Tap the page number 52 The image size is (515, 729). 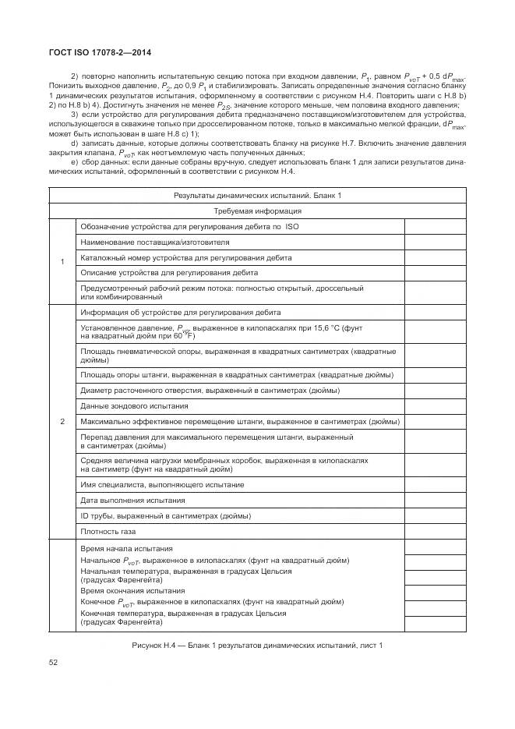pos(54,663)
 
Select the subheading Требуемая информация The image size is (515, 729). pos(257,211)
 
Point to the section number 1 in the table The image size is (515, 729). pos(62,260)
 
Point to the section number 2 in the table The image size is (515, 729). pos(62,422)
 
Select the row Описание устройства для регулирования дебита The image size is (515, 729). pos(169,273)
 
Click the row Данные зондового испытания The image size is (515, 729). pos(134,406)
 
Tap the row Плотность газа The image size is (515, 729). pos(108,532)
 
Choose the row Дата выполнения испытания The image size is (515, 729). pos(132,500)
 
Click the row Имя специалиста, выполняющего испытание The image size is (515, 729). pos(162,484)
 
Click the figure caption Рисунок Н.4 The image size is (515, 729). pos(257,646)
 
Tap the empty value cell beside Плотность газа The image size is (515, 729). pos(435,532)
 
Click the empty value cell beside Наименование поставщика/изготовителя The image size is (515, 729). pos(435,242)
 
